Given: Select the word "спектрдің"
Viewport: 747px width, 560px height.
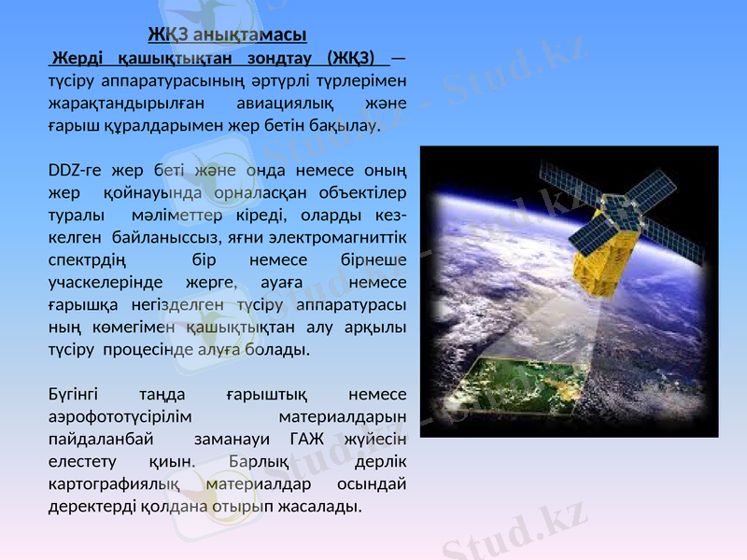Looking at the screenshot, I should coord(87,259).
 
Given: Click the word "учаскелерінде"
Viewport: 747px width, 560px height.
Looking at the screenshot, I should coord(104,282).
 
